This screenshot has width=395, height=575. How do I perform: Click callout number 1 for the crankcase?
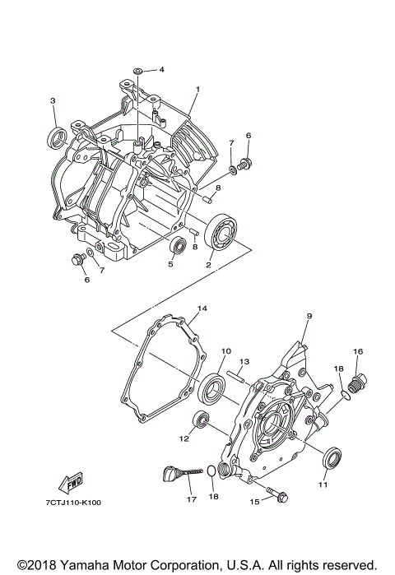click(197, 88)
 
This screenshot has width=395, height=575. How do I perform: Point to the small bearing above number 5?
click(177, 245)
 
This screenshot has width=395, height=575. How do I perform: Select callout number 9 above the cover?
click(309, 316)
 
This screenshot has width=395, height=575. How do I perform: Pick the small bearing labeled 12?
click(199, 421)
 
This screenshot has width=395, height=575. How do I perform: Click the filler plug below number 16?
click(358, 384)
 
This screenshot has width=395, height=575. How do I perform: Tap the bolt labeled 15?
click(281, 498)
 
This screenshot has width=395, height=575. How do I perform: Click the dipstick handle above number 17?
click(170, 474)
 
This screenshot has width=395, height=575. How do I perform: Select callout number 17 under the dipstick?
click(191, 498)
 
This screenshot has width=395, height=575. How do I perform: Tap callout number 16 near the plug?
click(358, 351)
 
